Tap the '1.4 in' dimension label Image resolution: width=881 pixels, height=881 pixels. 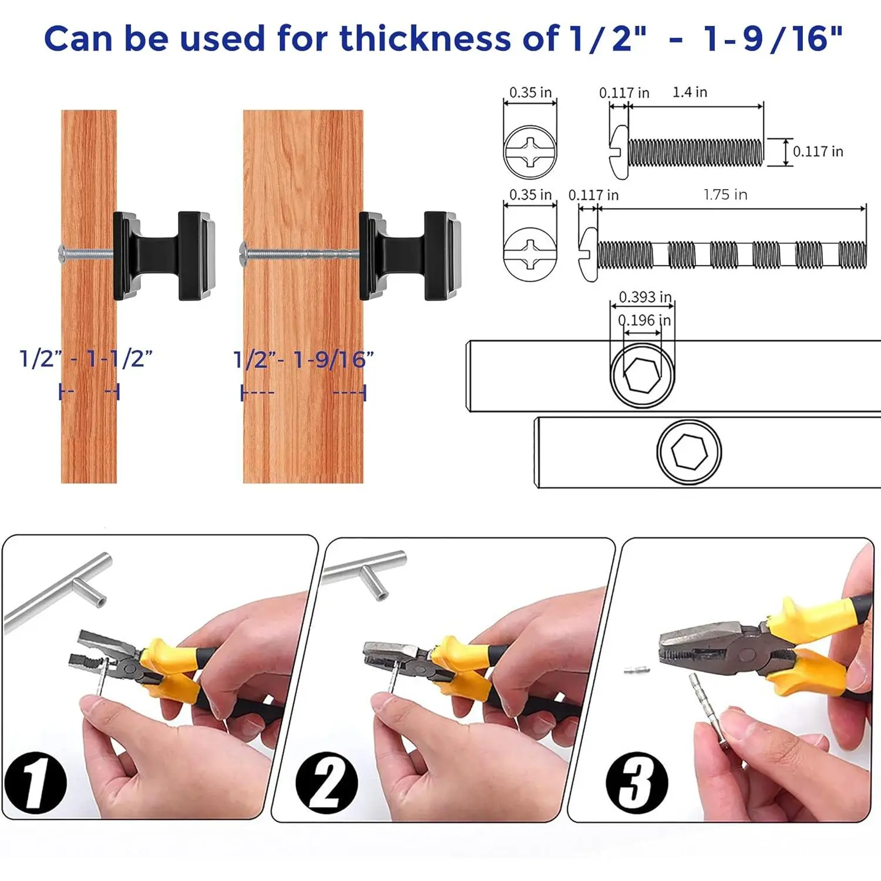pyautogui.click(x=690, y=92)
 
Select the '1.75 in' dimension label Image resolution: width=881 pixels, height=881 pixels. pyautogui.click(x=725, y=194)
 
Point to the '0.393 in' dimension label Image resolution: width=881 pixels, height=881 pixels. pyautogui.click(x=645, y=297)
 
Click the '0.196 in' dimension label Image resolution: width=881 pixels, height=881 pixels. pyautogui.click(x=644, y=320)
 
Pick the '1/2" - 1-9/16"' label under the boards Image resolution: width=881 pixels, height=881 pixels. pyautogui.click(x=304, y=359)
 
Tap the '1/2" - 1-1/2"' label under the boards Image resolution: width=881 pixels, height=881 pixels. pyautogui.click(x=86, y=358)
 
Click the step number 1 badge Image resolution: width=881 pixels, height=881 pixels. pyautogui.click(x=35, y=782)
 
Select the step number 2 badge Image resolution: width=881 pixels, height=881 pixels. pyautogui.click(x=327, y=782)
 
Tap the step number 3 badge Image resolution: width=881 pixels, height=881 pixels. pyautogui.click(x=637, y=782)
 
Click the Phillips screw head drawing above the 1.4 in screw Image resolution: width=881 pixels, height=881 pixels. pyautogui.click(x=530, y=152)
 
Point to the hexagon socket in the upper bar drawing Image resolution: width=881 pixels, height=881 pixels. pyautogui.click(x=643, y=375)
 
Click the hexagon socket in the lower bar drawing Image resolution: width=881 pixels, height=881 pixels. pyautogui.click(x=689, y=452)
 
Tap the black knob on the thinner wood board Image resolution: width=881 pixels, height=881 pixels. pyautogui.click(x=164, y=256)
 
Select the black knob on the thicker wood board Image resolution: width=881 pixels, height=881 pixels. pyautogui.click(x=410, y=256)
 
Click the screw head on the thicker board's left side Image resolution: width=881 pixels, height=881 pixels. pyautogui.click(x=243, y=254)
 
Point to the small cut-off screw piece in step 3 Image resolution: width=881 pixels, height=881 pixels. pyautogui.click(x=637, y=670)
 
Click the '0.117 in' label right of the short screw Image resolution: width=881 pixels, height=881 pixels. pyautogui.click(x=818, y=152)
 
